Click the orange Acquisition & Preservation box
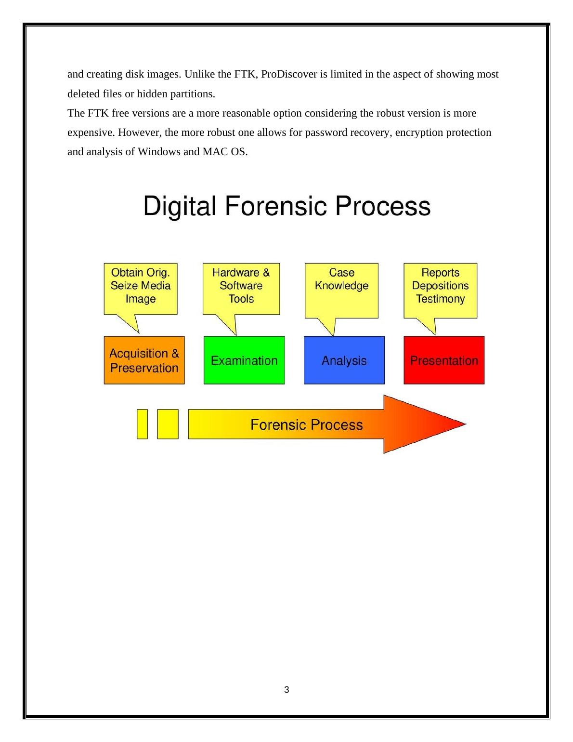tap(144, 360)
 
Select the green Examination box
tap(244, 360)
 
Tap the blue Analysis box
tap(344, 360)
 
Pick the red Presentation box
tap(443, 360)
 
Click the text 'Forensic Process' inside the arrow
tap(307, 424)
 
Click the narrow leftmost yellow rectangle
tap(142, 424)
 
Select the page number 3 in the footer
tap(286, 689)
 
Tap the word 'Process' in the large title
tap(382, 206)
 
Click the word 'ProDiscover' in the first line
tap(286, 74)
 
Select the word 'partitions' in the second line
tap(192, 93)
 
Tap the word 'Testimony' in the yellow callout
tap(440, 299)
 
